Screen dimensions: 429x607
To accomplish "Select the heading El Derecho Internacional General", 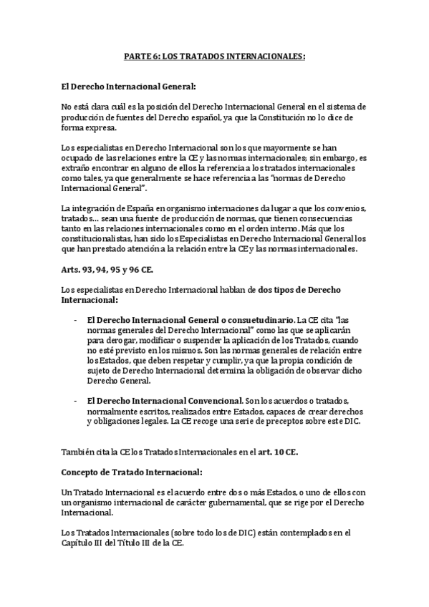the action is [x=128, y=87].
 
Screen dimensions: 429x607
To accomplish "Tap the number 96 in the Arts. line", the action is [x=147, y=269].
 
